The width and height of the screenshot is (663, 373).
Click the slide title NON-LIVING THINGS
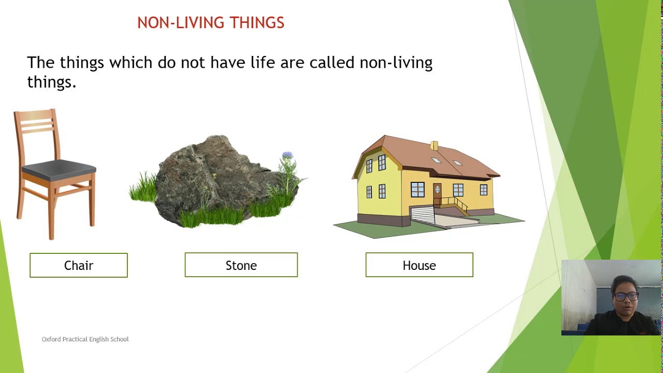click(210, 23)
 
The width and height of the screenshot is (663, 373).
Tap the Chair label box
click(79, 265)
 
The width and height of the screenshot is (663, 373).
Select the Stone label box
click(241, 265)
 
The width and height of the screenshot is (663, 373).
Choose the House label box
click(419, 265)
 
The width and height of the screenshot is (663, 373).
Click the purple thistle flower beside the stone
click(287, 156)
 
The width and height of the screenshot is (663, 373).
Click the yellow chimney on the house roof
click(434, 146)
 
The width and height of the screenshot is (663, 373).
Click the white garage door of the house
click(422, 213)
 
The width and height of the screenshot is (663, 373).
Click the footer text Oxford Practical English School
click(85, 339)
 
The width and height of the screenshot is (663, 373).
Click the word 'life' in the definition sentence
click(263, 63)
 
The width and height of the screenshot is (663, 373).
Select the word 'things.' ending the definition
click(51, 82)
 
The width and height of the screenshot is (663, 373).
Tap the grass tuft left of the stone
click(143, 189)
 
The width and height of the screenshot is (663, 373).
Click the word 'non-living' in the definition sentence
click(396, 63)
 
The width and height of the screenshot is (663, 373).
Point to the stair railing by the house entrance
click(456, 203)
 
